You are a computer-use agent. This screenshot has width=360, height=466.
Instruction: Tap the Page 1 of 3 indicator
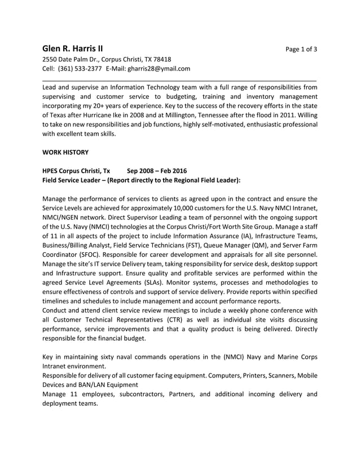[301, 49]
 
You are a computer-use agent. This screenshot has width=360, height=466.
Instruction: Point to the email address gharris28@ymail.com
[160, 69]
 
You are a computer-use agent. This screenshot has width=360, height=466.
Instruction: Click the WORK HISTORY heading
[65, 152]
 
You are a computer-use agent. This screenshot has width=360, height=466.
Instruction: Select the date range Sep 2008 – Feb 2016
[157, 171]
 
